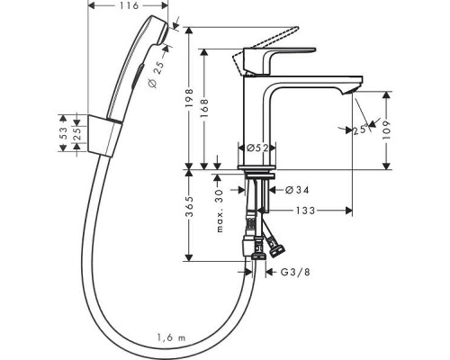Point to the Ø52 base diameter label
pos(254,148)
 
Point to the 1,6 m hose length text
pos(172,337)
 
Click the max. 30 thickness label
pos(218,212)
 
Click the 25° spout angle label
pos(361,130)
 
